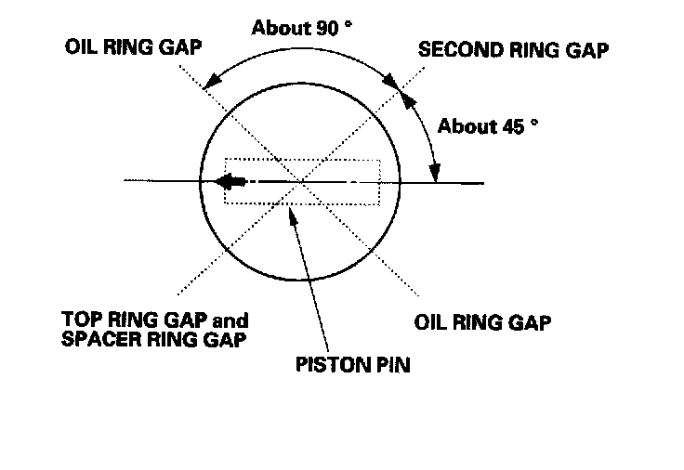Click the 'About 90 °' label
coord(301,27)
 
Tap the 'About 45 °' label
coord(488,125)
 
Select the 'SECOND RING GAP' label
coord(513,51)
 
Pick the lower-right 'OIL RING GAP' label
coord(481,323)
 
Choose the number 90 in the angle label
coord(328,27)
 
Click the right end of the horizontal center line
coord(483,182)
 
